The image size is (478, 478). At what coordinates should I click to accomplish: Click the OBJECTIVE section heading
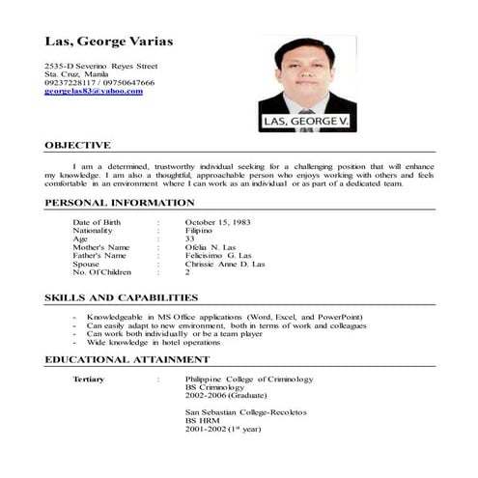coord(78,145)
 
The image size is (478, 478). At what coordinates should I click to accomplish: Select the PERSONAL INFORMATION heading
coord(120,203)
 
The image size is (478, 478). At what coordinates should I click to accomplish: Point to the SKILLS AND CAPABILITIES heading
coord(122,297)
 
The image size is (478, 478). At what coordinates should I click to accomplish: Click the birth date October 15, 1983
coord(217,223)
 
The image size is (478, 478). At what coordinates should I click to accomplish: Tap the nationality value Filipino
coord(200,232)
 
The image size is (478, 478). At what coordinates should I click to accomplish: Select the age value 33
coord(189,239)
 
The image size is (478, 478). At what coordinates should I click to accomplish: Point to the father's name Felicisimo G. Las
coord(217,256)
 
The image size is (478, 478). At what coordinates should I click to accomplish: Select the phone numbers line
coord(99,82)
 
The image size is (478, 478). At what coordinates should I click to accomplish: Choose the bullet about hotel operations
coord(161,342)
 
